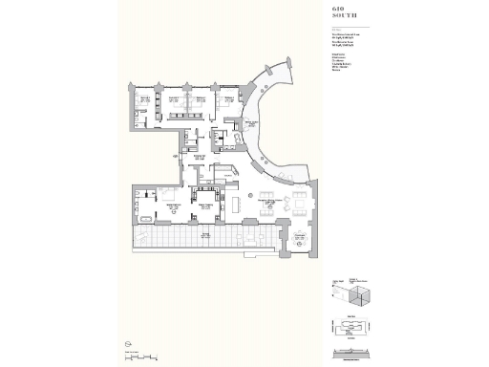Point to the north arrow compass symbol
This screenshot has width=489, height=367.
(126, 344)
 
